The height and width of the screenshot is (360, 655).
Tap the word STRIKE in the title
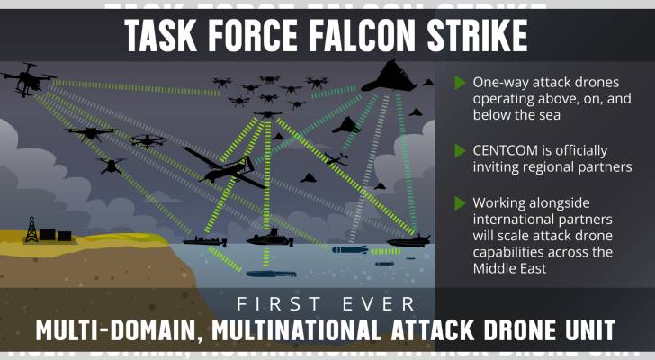[x=477, y=35]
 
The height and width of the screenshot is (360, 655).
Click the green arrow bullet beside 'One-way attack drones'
[x=460, y=83]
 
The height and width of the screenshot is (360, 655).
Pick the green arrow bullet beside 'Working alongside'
[x=460, y=203]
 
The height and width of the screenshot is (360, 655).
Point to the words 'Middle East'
[x=509, y=268]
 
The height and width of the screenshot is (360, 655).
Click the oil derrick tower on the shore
[x=31, y=230]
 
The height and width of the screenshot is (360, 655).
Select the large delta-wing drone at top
[x=390, y=76]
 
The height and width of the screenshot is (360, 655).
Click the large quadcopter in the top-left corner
[x=28, y=79]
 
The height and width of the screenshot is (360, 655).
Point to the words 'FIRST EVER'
[x=326, y=304]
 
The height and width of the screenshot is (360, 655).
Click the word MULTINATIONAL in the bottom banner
[x=296, y=330]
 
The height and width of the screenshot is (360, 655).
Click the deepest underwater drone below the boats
[x=271, y=274]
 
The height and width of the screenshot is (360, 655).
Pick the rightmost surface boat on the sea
[x=408, y=241]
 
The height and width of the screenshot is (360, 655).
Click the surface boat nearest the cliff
[x=205, y=241]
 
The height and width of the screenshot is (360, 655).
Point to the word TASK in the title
[x=160, y=35]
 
